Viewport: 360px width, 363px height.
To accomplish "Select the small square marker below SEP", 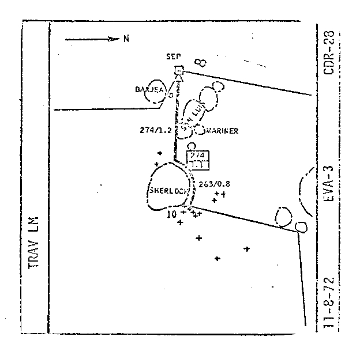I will point(179,70).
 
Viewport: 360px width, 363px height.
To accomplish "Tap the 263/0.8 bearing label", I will point(214,184).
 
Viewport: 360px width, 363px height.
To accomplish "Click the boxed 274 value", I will point(197,155).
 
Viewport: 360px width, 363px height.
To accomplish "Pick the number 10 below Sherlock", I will point(171,214).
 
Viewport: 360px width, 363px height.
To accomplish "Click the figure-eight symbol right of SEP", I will point(201,61).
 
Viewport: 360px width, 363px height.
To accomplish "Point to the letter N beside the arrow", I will point(125,39).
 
